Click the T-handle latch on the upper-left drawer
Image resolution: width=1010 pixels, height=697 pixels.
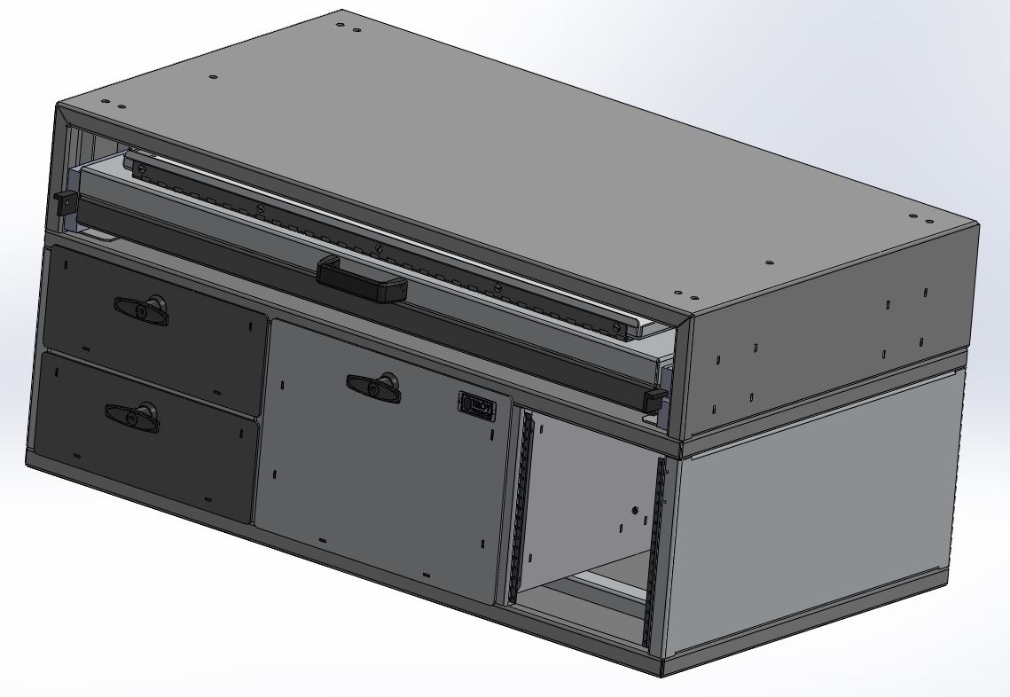[142, 309]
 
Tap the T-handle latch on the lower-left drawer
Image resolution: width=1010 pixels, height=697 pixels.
[132, 416]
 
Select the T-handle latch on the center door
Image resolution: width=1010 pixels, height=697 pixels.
[373, 385]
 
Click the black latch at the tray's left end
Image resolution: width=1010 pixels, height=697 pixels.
[63, 202]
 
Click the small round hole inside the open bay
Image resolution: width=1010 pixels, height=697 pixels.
[636, 510]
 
